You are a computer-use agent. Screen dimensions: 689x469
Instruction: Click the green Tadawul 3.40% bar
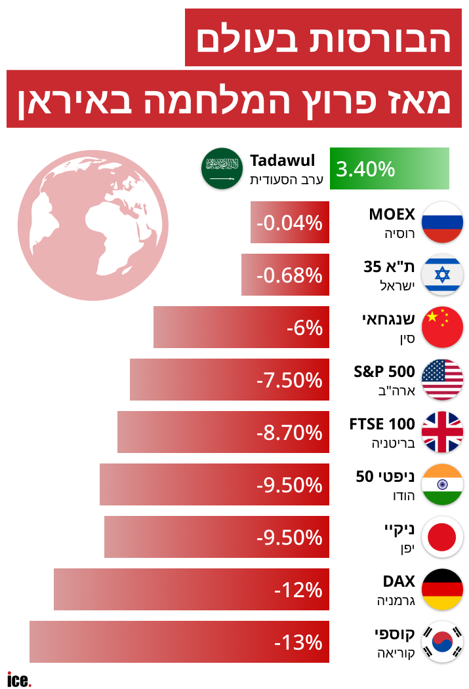click(x=389, y=168)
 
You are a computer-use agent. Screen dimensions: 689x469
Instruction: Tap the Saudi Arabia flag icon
click(x=221, y=168)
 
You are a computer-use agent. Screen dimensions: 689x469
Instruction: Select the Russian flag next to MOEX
click(x=442, y=222)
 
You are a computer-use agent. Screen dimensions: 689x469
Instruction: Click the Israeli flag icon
click(x=442, y=275)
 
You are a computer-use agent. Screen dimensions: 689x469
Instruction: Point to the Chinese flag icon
click(x=442, y=327)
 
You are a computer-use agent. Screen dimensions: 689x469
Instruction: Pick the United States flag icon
click(x=442, y=380)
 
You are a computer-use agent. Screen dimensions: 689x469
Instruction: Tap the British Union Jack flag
click(x=442, y=432)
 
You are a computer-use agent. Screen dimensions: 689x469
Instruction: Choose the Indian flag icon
click(x=442, y=484)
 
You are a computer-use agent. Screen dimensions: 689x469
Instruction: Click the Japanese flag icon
click(x=442, y=537)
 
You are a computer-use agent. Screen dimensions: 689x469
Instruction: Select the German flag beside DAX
click(x=442, y=589)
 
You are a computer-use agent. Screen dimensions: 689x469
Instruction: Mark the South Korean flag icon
click(x=442, y=642)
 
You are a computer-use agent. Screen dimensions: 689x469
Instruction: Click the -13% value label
click(x=298, y=642)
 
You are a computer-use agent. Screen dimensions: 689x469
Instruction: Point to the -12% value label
click(x=298, y=590)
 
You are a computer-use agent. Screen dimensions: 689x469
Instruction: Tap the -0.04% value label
click(x=289, y=223)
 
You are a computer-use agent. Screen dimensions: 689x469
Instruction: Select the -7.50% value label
click(x=289, y=380)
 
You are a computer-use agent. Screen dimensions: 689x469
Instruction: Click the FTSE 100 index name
click(x=382, y=424)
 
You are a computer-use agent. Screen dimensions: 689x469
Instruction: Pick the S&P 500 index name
click(x=384, y=372)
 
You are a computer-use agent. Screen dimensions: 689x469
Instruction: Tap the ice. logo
click(x=19, y=679)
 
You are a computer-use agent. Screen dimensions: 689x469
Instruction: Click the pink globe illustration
click(x=93, y=225)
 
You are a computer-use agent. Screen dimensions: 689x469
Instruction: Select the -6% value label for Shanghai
click(x=304, y=328)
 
